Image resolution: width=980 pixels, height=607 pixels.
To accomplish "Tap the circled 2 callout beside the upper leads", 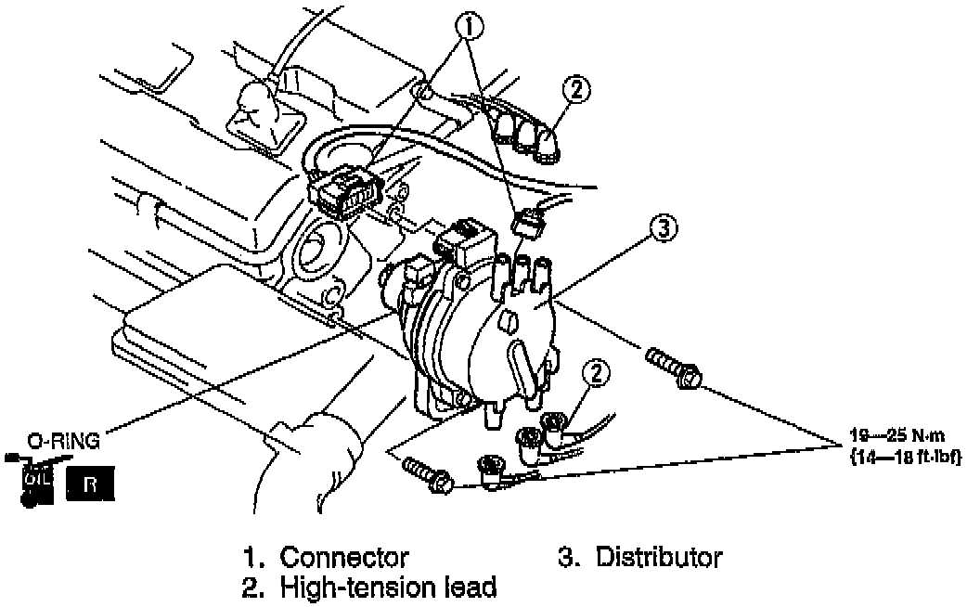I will tap(576, 90).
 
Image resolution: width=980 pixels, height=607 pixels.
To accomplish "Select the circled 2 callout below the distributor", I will tap(596, 373).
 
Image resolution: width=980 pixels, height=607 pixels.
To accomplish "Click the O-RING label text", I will tap(62, 441).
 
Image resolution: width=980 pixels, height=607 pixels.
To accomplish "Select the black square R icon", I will tap(90, 484).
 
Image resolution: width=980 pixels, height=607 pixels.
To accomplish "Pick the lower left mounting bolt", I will tap(427, 471).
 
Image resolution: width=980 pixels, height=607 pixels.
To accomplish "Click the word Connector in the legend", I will tap(343, 558).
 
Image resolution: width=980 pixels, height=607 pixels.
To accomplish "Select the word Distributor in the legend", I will tap(659, 558).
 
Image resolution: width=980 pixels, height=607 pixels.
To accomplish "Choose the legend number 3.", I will tap(566, 558).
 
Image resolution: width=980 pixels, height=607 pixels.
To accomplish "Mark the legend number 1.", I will tap(251, 558).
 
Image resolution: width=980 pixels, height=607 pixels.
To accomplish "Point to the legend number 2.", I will tap(251, 587).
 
